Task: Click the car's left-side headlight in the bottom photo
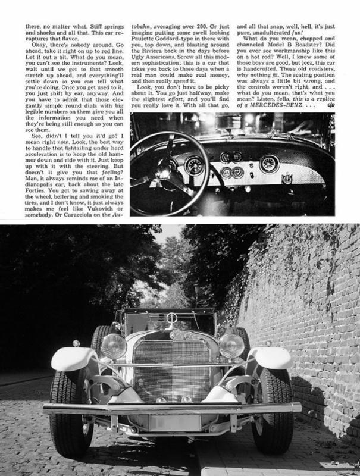[x=114, y=345]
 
